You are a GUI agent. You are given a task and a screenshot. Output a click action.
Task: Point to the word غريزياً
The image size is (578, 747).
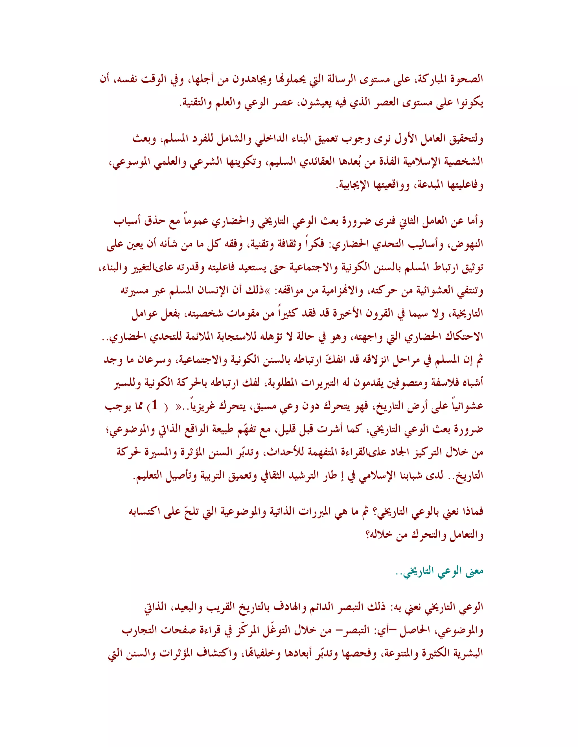205,406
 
